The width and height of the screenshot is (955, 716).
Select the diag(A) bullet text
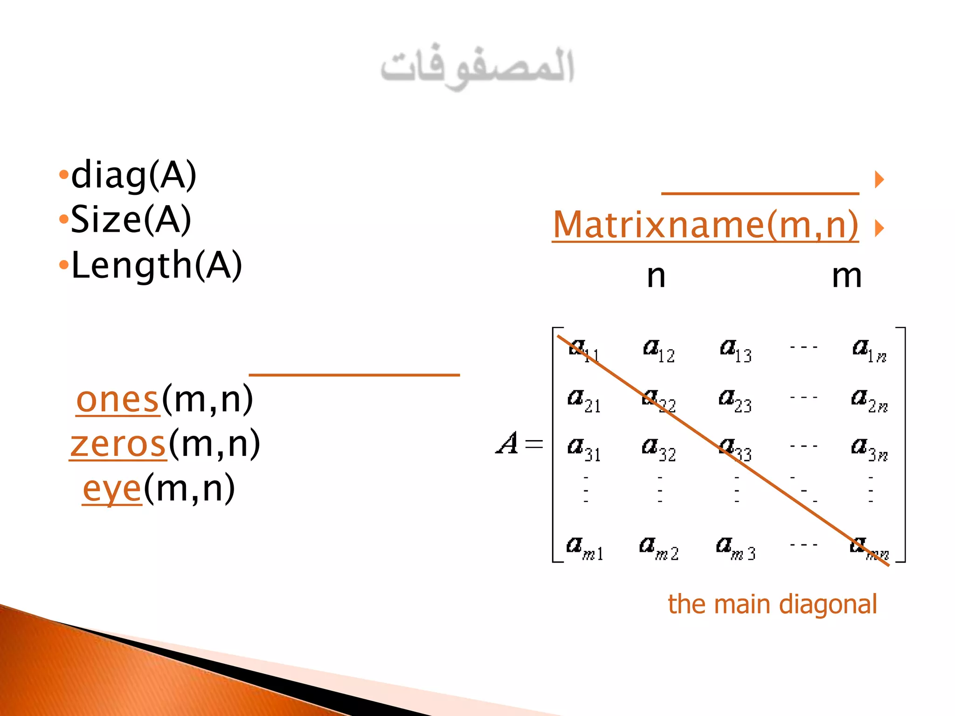click(x=133, y=175)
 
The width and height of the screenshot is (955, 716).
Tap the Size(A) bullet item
click(x=131, y=220)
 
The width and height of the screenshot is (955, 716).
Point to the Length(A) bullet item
click(x=156, y=265)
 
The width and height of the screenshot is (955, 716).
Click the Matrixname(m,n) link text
click(x=705, y=225)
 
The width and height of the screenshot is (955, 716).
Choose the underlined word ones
click(x=118, y=400)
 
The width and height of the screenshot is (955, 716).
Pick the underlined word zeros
click(x=118, y=444)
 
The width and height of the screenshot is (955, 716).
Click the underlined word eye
click(x=112, y=489)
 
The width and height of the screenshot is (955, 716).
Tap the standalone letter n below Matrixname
click(x=656, y=276)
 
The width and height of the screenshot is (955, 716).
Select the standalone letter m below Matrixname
click(x=847, y=276)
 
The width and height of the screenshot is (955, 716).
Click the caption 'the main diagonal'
click(x=772, y=605)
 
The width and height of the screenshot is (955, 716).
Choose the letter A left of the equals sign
click(x=507, y=443)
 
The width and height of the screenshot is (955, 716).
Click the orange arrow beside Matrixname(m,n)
click(x=879, y=228)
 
